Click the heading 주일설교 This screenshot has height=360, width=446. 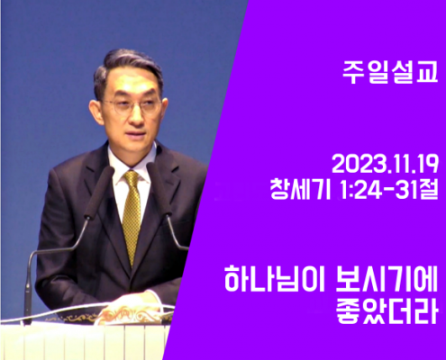coord(390,73)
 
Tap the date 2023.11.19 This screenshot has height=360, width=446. coord(385,164)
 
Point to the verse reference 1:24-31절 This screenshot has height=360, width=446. coord(388,189)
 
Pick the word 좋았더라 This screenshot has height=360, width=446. coord(387,311)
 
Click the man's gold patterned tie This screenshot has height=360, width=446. coord(132,216)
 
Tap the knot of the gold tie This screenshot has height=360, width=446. coord(132,178)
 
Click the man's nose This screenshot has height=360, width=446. coord(136,115)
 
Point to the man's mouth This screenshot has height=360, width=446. coord(136,133)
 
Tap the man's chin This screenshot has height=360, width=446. coord(137,147)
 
